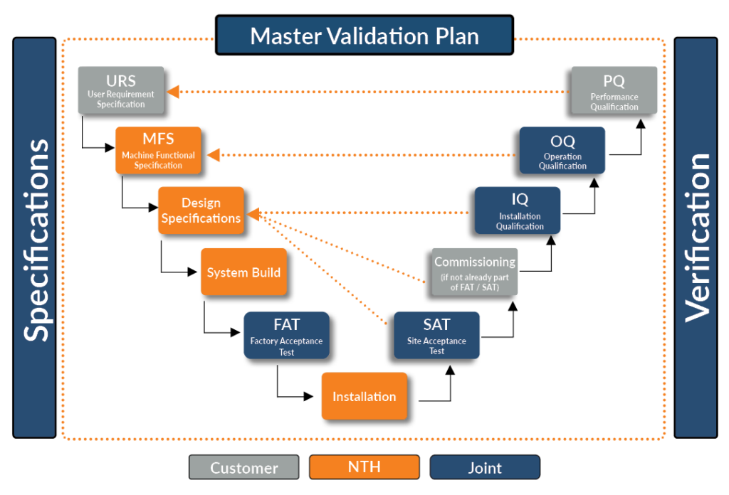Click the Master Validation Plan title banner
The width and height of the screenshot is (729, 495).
[x=364, y=36]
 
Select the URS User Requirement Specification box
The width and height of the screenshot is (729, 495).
[x=121, y=90]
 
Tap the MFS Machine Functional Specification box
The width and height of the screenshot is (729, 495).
[x=158, y=150]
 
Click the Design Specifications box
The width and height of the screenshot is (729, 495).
[x=201, y=211]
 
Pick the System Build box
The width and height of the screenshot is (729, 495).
[x=243, y=272]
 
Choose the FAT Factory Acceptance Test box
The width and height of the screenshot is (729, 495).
[x=286, y=335]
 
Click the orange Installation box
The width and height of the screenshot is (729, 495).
[x=364, y=396]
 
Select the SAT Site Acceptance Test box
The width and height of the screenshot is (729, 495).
[x=436, y=335]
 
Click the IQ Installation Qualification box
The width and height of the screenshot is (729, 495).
[x=518, y=211]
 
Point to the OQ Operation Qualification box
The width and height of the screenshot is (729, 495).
[x=562, y=150]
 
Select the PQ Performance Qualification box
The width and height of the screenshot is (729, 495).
[x=614, y=90]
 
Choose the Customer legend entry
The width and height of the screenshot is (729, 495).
[x=243, y=467]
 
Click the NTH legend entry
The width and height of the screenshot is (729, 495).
[x=364, y=467]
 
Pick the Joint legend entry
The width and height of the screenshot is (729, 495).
[x=485, y=467]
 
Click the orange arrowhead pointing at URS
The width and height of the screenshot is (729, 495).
[x=173, y=91]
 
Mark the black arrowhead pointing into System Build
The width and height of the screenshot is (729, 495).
[x=192, y=272]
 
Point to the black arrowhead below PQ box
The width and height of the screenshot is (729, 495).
[x=640, y=123]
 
